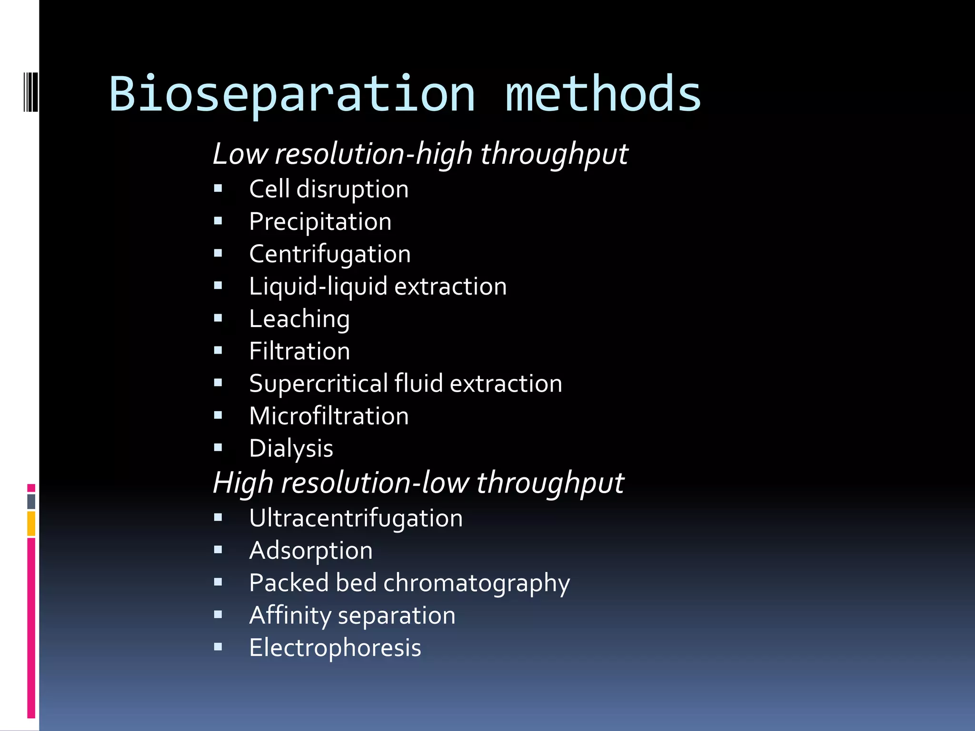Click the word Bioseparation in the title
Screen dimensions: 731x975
[292, 94]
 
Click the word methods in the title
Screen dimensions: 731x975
[603, 94]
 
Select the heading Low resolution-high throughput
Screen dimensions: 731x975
[420, 154]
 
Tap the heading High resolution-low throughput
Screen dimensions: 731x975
[418, 483]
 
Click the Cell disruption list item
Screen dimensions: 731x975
[328, 189]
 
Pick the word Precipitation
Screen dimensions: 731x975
[320, 222]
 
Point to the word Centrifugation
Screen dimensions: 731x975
[329, 254]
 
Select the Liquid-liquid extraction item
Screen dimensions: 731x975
[378, 286]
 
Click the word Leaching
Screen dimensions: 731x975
[299, 319]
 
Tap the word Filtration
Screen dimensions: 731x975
[299, 351]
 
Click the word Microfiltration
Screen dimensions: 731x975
[328, 416]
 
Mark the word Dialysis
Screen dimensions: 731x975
[291, 448]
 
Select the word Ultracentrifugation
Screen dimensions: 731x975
[356, 518]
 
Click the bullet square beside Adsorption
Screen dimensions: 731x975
[218, 550]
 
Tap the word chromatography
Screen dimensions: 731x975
[476, 583]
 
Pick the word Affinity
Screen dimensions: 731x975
[289, 615]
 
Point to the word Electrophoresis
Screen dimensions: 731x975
[335, 648]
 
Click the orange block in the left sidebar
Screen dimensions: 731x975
[31, 524]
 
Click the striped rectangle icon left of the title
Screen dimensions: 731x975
[31, 92]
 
